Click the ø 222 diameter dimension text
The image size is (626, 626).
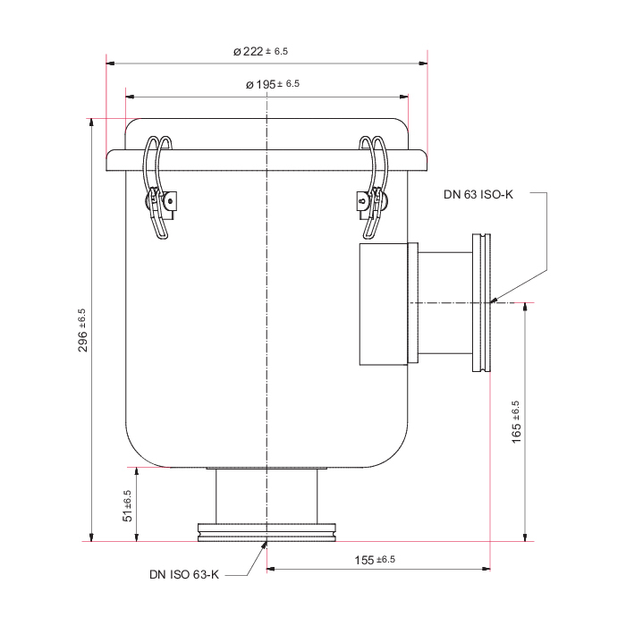260,51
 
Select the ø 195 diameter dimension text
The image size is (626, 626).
272,84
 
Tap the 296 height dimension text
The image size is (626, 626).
82,330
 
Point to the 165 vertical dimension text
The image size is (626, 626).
516,422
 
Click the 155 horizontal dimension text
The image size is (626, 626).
375,560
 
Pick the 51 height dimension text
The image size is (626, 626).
127,506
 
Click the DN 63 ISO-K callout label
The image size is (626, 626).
478,194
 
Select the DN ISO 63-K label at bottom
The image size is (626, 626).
184,574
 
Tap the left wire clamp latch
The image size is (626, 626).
159,188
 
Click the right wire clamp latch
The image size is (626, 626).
373,188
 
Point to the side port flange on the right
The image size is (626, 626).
481,302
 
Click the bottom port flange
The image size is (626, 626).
266,533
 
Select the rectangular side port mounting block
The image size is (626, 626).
384,304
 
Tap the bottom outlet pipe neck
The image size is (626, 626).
266,496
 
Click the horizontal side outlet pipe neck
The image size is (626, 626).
445,303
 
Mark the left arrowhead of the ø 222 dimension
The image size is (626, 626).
111,63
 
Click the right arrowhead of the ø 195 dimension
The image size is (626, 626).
403,97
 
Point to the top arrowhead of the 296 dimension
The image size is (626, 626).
91,123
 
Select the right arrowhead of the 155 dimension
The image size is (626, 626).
486,569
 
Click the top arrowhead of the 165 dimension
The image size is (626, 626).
525,308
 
